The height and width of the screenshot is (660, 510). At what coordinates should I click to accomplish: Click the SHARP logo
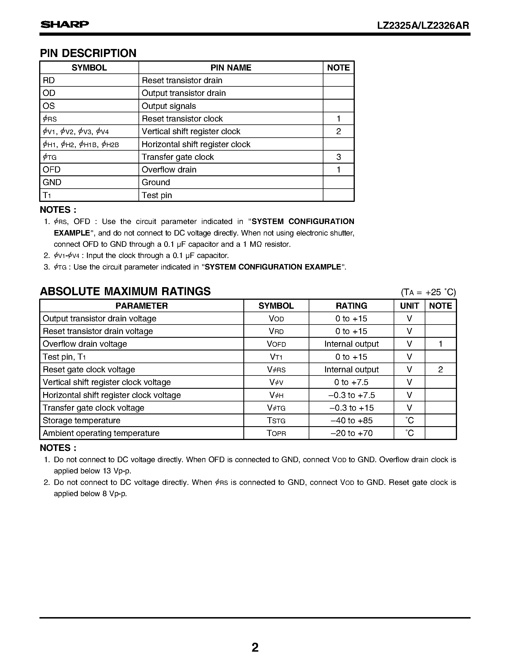click(65, 24)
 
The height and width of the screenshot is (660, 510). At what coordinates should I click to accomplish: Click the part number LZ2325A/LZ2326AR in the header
click(423, 26)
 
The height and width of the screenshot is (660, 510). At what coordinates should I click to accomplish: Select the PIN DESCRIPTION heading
click(88, 53)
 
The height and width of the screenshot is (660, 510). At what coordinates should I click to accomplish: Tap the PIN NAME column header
click(231, 68)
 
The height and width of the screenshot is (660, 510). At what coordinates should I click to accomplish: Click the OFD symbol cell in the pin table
click(52, 170)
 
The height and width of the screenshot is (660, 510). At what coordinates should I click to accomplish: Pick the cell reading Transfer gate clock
click(178, 157)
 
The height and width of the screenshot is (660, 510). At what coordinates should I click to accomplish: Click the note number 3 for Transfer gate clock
click(338, 157)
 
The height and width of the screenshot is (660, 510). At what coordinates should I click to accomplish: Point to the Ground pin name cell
click(156, 183)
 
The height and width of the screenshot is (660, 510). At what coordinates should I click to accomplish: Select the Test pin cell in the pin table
click(157, 196)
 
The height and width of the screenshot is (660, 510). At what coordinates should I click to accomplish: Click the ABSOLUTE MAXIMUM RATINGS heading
click(125, 291)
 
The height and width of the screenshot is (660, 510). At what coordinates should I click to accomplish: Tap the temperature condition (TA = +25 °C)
click(428, 292)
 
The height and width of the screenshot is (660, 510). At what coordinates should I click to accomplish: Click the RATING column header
click(351, 306)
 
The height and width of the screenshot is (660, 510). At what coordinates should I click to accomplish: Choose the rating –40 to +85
click(351, 421)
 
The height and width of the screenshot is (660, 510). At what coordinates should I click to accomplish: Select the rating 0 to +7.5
click(351, 382)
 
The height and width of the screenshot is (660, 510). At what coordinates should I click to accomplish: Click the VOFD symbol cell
click(276, 344)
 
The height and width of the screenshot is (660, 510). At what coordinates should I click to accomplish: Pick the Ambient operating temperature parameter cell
click(101, 433)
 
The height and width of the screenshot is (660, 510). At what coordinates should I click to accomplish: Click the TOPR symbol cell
click(276, 433)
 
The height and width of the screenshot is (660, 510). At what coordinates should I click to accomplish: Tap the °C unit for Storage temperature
click(409, 421)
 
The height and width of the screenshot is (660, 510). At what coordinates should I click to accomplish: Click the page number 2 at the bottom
click(255, 647)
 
